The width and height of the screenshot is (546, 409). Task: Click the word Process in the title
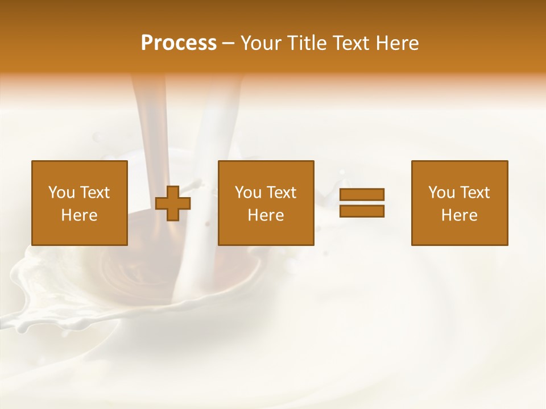(x=179, y=43)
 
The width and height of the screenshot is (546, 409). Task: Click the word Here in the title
(x=398, y=43)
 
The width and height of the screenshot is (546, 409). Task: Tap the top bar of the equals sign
(x=362, y=194)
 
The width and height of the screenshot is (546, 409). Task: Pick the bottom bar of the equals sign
(x=362, y=211)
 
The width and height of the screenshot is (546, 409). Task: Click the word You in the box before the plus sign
(x=61, y=193)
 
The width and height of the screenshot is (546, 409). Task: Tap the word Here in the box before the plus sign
(x=79, y=215)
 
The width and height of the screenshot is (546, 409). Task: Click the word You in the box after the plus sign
(x=248, y=193)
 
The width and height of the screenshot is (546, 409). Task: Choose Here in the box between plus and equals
(x=266, y=215)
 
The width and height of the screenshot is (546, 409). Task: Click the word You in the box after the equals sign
(x=441, y=193)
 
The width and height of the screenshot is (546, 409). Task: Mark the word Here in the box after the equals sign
(x=459, y=215)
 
